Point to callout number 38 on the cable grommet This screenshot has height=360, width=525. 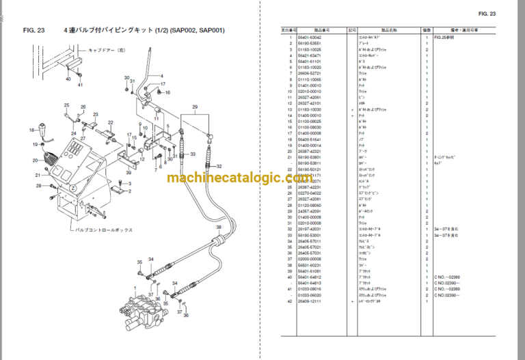(219, 227)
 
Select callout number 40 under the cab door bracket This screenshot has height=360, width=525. (68, 79)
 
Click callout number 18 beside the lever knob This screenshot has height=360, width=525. (31, 130)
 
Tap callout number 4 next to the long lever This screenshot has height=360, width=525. (162, 75)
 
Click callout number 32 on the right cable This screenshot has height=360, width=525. (219, 167)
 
